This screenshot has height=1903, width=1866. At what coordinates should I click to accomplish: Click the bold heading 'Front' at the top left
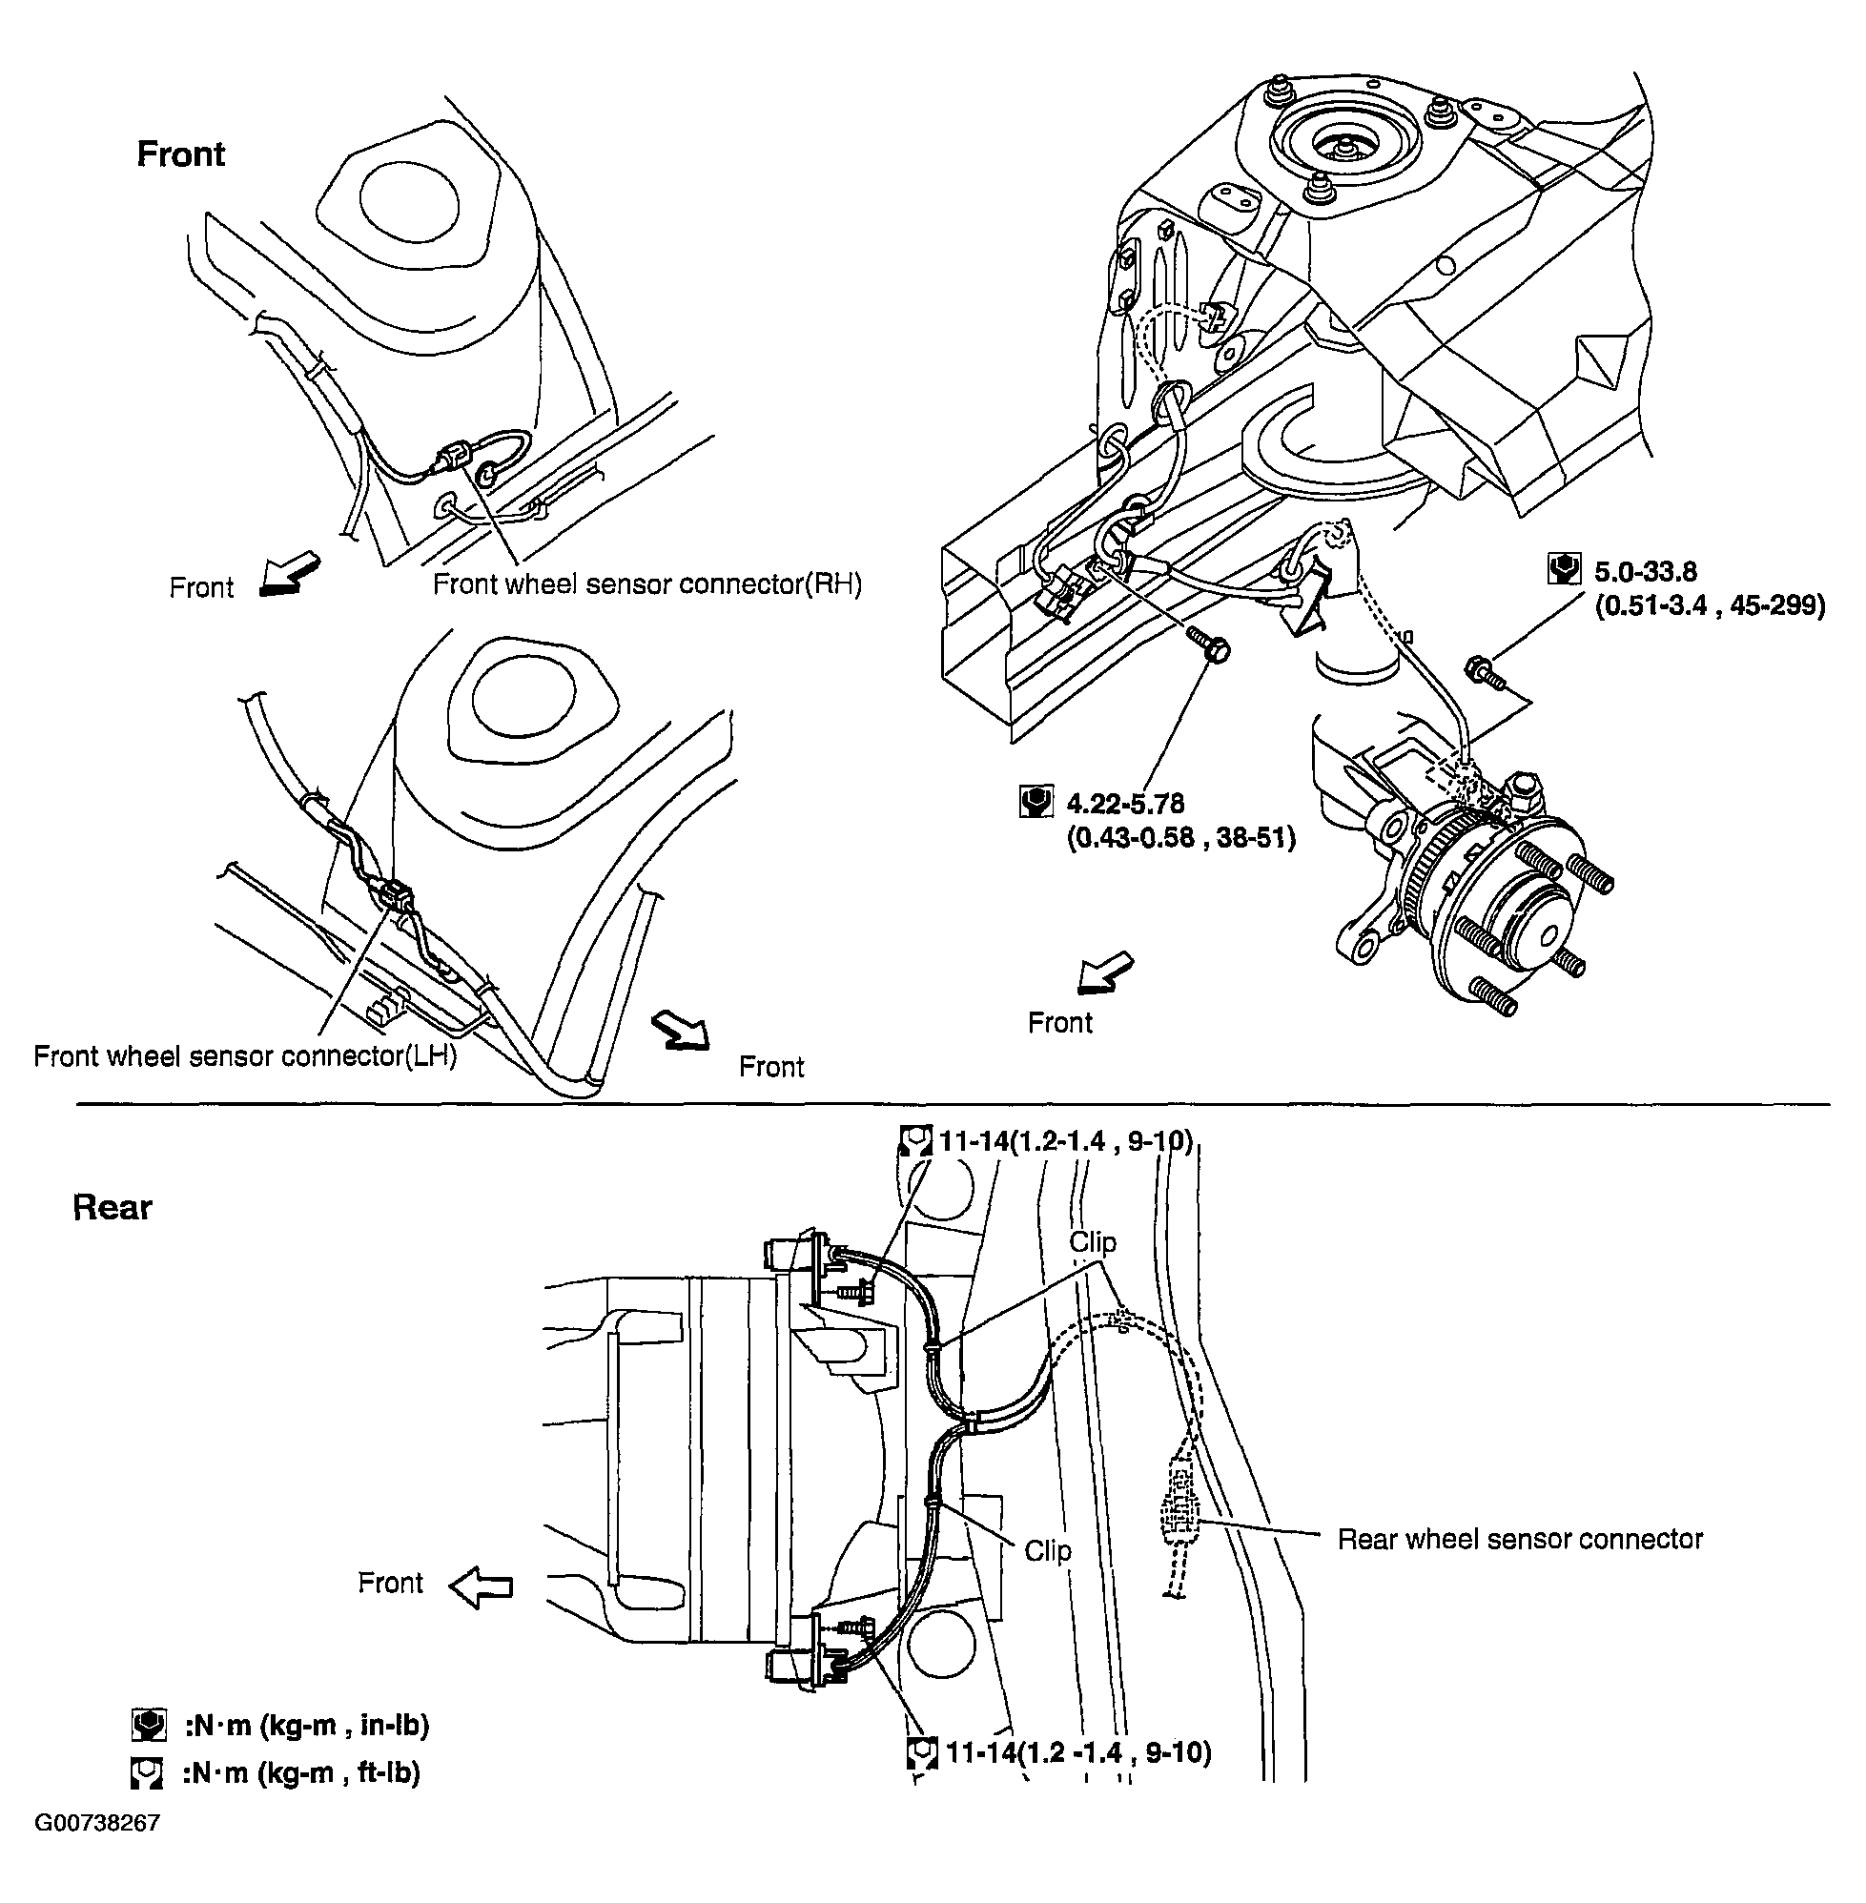[x=180, y=153]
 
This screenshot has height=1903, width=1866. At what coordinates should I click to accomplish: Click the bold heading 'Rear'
[x=112, y=1207]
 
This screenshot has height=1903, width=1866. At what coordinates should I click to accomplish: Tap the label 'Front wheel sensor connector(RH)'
[x=646, y=584]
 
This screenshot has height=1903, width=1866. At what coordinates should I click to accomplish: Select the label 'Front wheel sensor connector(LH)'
[x=245, y=1055]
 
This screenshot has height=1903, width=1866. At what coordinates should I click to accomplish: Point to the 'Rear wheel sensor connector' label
[x=1519, y=1539]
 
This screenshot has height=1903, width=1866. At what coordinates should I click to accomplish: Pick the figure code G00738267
[x=97, y=1824]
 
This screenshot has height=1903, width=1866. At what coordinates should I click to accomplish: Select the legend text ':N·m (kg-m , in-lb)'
[x=305, y=1726]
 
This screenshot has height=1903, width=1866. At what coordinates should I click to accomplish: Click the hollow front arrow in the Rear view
[x=482, y=1586]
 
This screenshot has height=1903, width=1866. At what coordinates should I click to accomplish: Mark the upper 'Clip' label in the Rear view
[x=1092, y=1242]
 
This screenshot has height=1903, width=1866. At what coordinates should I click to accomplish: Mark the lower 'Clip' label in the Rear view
[x=1047, y=1550]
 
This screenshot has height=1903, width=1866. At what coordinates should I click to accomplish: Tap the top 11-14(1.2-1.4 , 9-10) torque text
[x=1064, y=1140]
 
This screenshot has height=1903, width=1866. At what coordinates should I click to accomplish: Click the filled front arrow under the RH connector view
[x=290, y=576]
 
